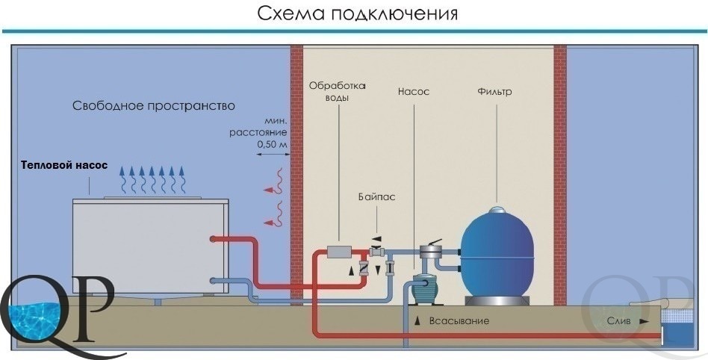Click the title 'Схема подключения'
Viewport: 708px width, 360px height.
(x=357, y=13)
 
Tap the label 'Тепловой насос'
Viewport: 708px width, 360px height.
(x=64, y=165)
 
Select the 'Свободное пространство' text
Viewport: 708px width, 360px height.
(x=154, y=106)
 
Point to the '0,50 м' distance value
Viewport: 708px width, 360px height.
(x=273, y=145)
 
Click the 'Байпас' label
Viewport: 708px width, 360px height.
(x=377, y=197)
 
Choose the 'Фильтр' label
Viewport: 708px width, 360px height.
(x=494, y=92)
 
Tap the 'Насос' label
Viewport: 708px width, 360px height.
(x=414, y=92)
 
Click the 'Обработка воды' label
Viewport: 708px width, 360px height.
(x=338, y=92)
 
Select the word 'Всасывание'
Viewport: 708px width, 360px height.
(x=459, y=321)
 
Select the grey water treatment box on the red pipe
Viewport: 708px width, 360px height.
(x=339, y=252)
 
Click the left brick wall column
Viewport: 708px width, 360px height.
(x=296, y=175)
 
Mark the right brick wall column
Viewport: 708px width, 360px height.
(x=560, y=175)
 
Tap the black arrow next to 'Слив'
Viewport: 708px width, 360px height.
(x=644, y=322)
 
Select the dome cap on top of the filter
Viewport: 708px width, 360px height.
(x=497, y=209)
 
